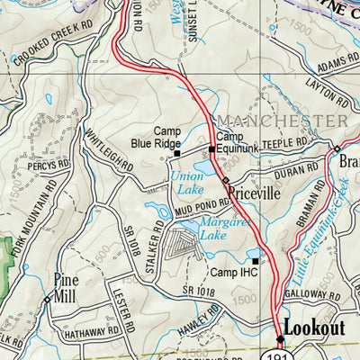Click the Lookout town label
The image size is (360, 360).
(313, 327)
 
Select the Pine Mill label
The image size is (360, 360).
(66, 285)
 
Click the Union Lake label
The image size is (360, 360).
(186, 184)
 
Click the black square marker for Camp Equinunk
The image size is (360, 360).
(211, 149)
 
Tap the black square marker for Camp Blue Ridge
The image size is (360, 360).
(176, 154)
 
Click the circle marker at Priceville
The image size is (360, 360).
(225, 182)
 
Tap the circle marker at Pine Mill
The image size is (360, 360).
(47, 299)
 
